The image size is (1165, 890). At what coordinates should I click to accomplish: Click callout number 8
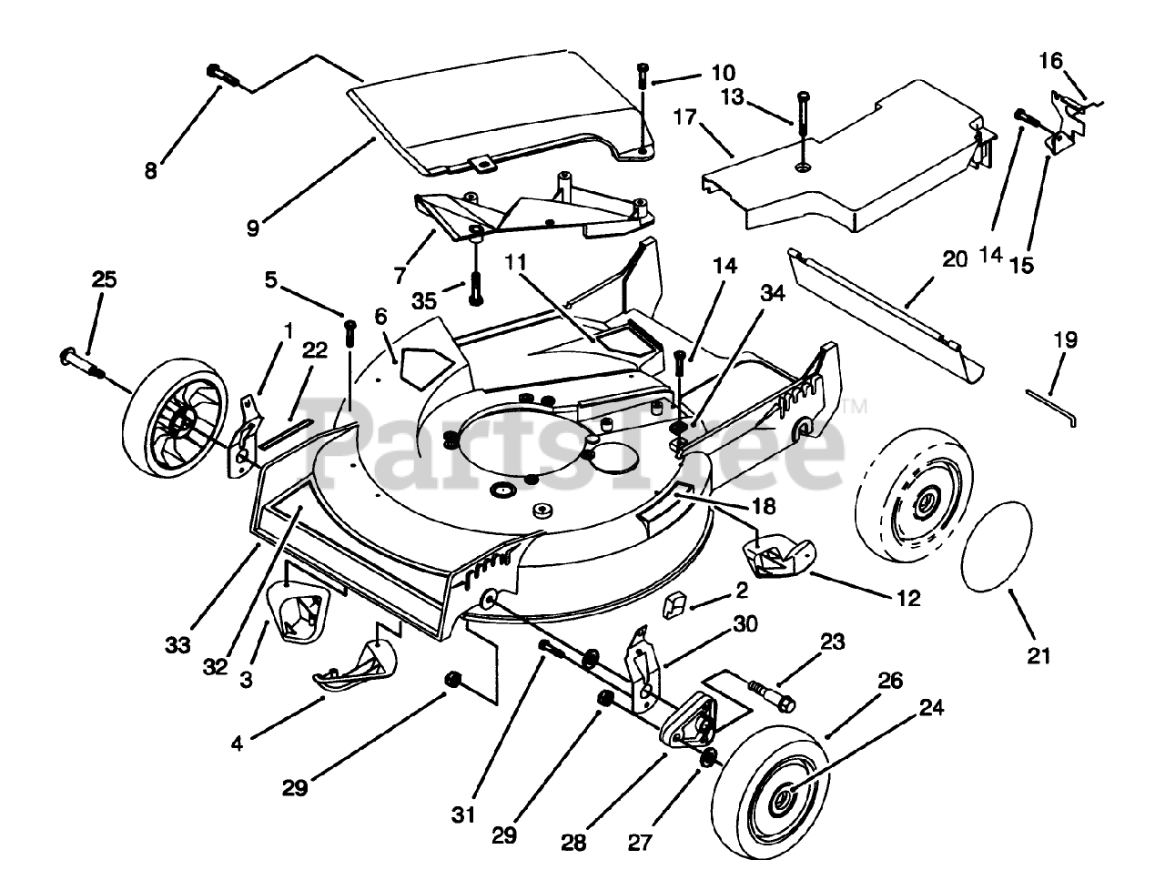click(x=150, y=170)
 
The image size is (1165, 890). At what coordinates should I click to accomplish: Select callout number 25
click(x=104, y=279)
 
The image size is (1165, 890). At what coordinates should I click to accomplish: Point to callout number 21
click(x=1039, y=654)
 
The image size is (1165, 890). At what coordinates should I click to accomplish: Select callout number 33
click(x=177, y=644)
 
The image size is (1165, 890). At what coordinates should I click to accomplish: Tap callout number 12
click(x=908, y=598)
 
